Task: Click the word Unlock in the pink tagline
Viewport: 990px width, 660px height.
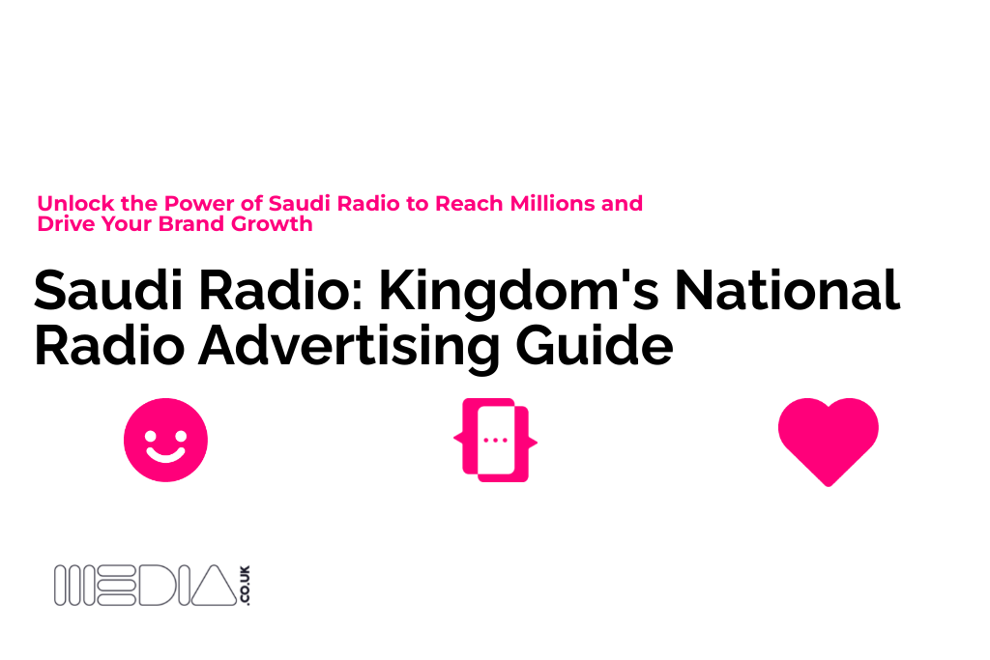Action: click(69, 204)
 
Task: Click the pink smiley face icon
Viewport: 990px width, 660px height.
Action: click(165, 440)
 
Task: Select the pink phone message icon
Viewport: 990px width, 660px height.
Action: click(495, 440)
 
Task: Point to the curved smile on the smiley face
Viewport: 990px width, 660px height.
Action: click(165, 454)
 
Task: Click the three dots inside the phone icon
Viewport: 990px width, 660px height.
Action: click(495, 440)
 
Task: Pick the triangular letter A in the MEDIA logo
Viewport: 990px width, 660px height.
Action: click(214, 586)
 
